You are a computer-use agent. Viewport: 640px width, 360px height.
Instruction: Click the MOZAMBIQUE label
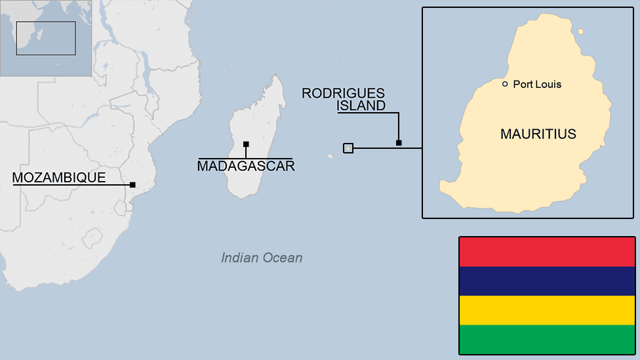click(x=59, y=178)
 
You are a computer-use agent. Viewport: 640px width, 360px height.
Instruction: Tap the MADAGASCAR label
click(x=246, y=166)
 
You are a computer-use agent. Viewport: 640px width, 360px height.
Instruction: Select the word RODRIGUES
click(x=343, y=94)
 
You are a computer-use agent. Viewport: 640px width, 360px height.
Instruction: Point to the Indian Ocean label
click(x=262, y=258)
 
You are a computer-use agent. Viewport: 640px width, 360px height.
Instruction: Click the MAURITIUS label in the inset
click(x=538, y=134)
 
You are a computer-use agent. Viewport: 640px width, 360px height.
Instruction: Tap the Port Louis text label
click(x=537, y=84)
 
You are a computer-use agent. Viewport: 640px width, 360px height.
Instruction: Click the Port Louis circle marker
click(x=505, y=84)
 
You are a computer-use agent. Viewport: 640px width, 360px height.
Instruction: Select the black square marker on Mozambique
click(x=132, y=185)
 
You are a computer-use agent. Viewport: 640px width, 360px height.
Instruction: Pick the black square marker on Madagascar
click(x=246, y=144)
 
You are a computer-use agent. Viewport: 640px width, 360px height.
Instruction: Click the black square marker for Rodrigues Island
click(x=399, y=142)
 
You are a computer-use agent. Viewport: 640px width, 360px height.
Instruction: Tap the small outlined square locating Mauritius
click(x=348, y=148)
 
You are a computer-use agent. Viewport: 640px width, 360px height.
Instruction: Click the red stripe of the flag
click(x=546, y=252)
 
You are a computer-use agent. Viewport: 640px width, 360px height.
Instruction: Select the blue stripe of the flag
click(x=546, y=281)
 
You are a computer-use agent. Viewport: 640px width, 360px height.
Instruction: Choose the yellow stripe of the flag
click(x=546, y=310)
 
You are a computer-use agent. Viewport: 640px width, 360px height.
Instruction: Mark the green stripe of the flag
click(x=546, y=339)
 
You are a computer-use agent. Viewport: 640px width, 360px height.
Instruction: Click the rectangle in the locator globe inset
click(x=46, y=38)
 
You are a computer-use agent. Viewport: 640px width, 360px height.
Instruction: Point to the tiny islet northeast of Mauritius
click(x=581, y=31)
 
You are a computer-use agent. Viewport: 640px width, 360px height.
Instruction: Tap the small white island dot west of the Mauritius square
click(x=330, y=155)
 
